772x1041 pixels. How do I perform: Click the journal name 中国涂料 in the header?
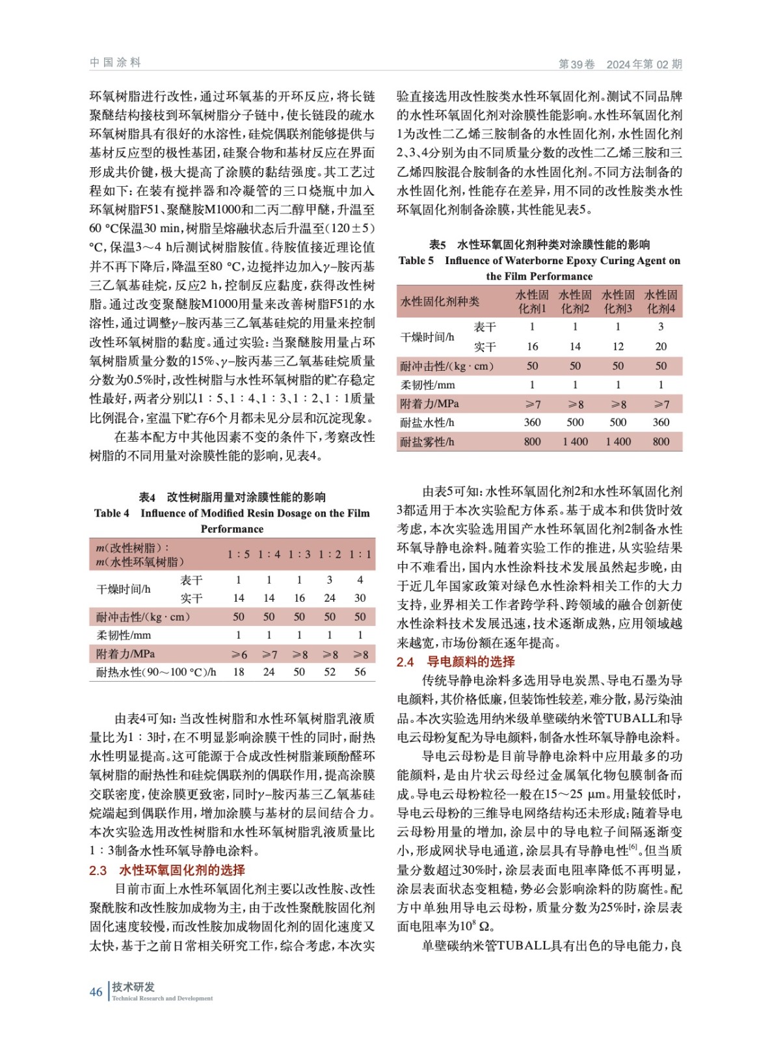tap(115, 62)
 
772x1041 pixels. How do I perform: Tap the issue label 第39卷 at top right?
tap(576, 64)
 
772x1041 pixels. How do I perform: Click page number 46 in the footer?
tap(96, 992)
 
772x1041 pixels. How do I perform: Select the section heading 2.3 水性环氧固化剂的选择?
tap(167, 870)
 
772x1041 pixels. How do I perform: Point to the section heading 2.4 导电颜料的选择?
tap(456, 662)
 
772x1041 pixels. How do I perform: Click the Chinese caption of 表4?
tap(232, 497)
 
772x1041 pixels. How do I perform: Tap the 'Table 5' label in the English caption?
tap(416, 260)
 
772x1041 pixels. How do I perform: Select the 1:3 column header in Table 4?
tap(299, 554)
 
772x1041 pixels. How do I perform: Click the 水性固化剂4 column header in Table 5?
tap(661, 301)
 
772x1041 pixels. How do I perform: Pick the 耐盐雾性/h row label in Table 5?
tap(427, 442)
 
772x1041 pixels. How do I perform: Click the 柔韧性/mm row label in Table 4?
tap(124, 635)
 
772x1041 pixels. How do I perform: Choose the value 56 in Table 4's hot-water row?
tap(360, 672)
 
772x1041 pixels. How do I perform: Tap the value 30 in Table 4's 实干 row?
tap(360, 598)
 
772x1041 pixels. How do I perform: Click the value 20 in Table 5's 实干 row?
tap(661, 347)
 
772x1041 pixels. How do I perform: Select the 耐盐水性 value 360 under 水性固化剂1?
tap(532, 422)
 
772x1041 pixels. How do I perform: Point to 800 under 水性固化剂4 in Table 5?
tap(661, 442)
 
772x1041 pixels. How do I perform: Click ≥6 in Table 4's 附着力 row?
tap(239, 654)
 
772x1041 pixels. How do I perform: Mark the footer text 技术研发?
tap(133, 986)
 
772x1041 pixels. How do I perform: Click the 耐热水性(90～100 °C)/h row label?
tap(156, 672)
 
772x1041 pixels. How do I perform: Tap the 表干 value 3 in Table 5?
tap(661, 327)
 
